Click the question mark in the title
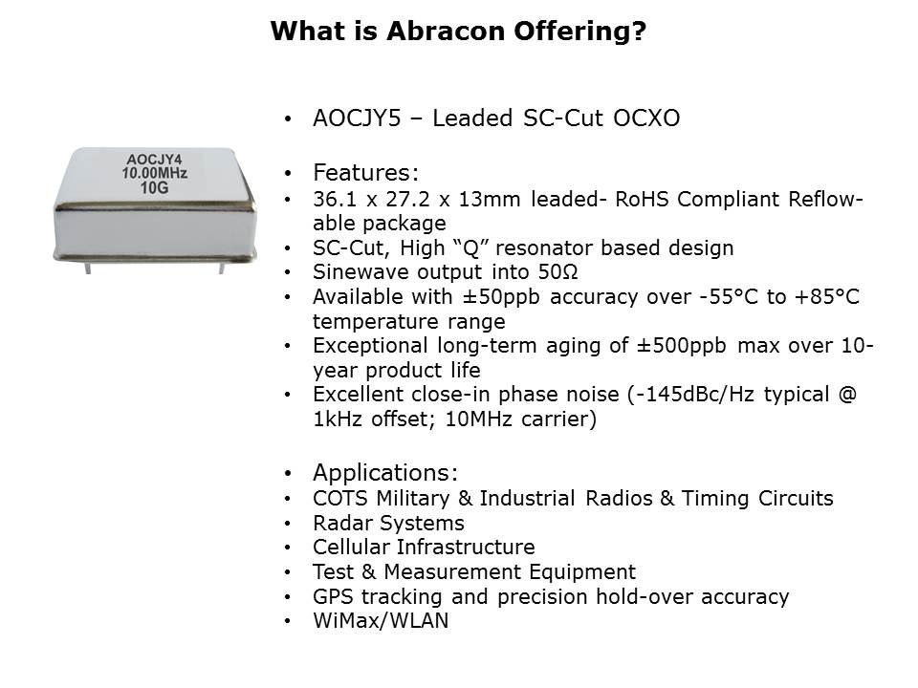(639, 31)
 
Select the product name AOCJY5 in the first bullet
(357, 118)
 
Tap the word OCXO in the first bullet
(646, 118)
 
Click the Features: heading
(366, 173)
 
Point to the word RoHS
(641, 199)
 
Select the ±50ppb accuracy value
(501, 296)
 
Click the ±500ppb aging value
(682, 345)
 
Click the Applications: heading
(385, 472)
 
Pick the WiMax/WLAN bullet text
(381, 620)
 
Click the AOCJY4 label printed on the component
(155, 160)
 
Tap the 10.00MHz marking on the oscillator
(155, 173)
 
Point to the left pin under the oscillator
(88, 267)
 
